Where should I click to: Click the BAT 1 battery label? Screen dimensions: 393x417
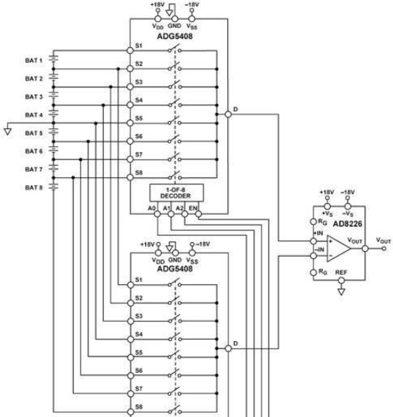point(33,61)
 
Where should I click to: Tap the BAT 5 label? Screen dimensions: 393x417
point(33,133)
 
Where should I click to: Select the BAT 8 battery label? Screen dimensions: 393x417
point(33,187)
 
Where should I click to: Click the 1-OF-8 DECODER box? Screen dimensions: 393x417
point(176,193)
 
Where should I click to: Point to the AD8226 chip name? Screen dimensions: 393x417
point(347,224)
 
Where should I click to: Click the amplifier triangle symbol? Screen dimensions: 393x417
point(338,249)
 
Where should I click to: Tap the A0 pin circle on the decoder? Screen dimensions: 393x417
point(158,214)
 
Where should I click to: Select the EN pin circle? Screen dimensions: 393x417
point(198,214)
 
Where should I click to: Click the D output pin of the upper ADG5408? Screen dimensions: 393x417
point(228,114)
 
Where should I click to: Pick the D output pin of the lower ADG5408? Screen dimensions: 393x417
point(229,348)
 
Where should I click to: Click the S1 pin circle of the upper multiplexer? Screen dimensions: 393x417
point(130,50)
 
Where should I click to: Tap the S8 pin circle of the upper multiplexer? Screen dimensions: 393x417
point(130,177)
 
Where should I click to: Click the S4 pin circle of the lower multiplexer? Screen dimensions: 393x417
point(131,340)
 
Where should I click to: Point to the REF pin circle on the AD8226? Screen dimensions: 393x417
point(341,280)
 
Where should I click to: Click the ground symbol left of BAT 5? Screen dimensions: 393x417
point(7,131)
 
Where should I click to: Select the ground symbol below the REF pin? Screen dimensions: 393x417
point(341,292)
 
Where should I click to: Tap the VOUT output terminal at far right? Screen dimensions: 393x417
point(383,249)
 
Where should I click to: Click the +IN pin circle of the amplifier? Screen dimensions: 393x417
point(313,241)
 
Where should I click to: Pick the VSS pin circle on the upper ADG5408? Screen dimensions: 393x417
point(192,18)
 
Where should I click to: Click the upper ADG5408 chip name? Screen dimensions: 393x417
point(175,36)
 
